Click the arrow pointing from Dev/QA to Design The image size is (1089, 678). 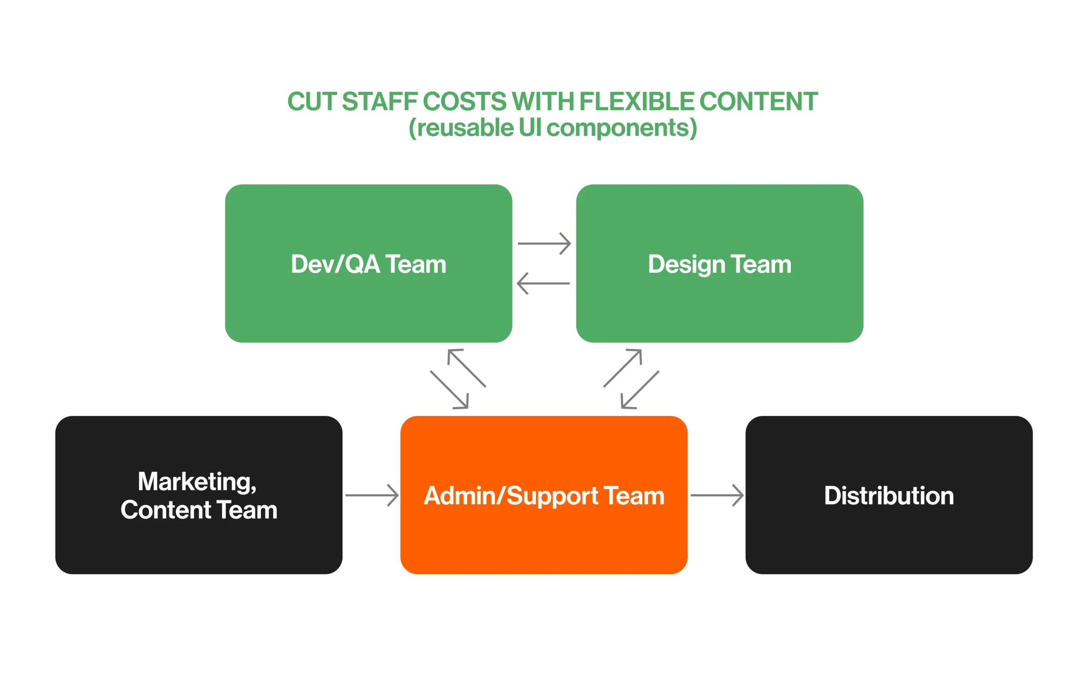544,243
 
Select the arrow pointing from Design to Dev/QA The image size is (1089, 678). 543,283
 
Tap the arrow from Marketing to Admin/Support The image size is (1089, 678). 371,495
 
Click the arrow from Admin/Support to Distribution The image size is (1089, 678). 717,495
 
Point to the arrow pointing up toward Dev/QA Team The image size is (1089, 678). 467,368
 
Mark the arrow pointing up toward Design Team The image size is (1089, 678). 623,368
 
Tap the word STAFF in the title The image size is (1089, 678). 379,101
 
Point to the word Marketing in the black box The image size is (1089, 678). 197,482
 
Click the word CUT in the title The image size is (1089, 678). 311,101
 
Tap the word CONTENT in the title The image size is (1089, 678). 758,101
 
